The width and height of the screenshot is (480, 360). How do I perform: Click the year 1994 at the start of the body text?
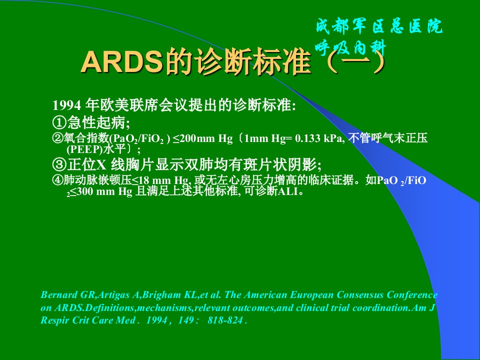click(x=66, y=105)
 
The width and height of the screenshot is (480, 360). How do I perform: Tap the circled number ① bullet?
click(x=59, y=123)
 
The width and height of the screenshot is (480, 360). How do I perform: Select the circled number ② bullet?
click(x=58, y=138)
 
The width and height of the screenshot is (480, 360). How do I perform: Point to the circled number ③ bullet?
click(x=59, y=164)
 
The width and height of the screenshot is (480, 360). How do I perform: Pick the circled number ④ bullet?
click(x=58, y=180)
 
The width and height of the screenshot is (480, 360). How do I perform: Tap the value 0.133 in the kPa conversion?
click(x=307, y=138)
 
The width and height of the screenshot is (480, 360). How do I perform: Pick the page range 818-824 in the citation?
click(x=225, y=320)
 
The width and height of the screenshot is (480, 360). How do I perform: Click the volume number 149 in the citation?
click(x=186, y=320)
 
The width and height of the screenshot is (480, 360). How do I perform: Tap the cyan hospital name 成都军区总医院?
click(x=379, y=26)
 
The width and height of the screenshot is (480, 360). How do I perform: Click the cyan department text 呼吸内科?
click(x=351, y=48)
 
